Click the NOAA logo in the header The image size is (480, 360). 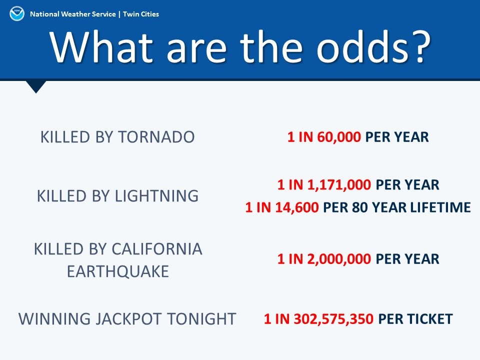[x=17, y=14]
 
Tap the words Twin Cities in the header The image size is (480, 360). [x=141, y=14]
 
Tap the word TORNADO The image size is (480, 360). [x=156, y=137]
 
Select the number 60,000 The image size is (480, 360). [x=339, y=137]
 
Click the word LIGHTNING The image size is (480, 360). [x=156, y=196]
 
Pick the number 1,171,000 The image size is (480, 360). [x=339, y=184]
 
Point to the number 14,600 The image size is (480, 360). [x=297, y=207]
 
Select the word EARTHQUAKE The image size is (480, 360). [x=118, y=271]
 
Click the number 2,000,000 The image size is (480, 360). [x=339, y=259]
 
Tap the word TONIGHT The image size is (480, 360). [x=201, y=318]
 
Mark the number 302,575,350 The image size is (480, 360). [x=333, y=318]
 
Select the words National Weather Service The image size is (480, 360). [x=73, y=14]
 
